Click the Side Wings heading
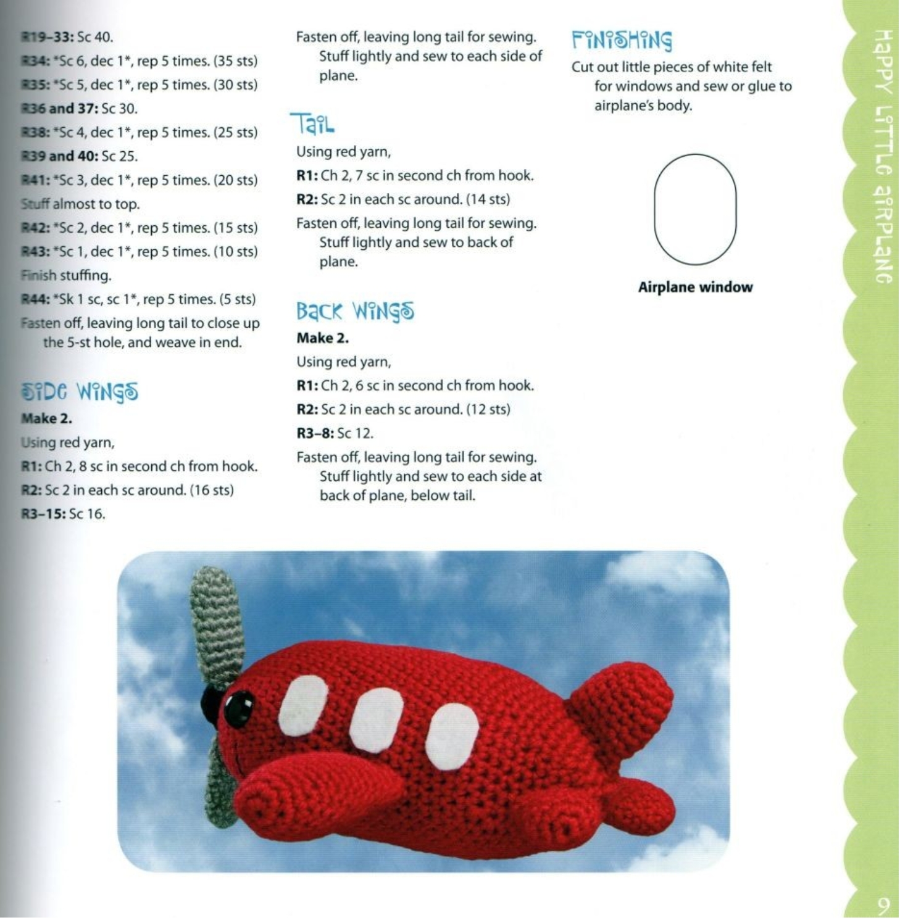[80, 392]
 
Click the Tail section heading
[312, 124]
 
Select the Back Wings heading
[355, 311]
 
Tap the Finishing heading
[621, 40]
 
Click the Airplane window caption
[695, 287]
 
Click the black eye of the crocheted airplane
[238, 708]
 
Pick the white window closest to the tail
[452, 736]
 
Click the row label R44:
[35, 299]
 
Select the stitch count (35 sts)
[235, 61]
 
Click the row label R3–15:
[43, 514]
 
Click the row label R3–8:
[315, 433]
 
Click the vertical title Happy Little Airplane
[883, 154]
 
